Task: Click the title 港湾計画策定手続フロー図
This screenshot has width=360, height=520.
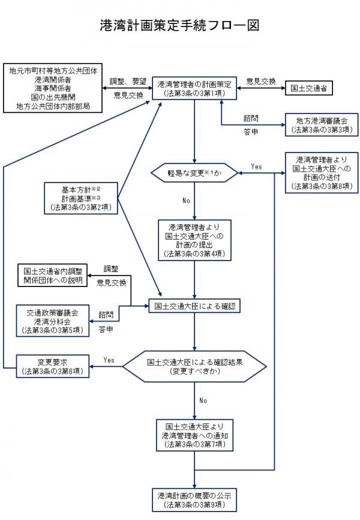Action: (179, 26)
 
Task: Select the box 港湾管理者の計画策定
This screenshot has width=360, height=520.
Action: (195, 88)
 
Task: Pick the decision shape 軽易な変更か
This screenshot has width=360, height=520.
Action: (194, 173)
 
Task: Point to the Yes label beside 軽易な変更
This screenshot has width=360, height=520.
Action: (257, 166)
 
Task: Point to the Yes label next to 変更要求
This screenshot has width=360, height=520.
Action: (109, 360)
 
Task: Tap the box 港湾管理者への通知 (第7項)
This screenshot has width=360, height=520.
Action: (194, 435)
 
